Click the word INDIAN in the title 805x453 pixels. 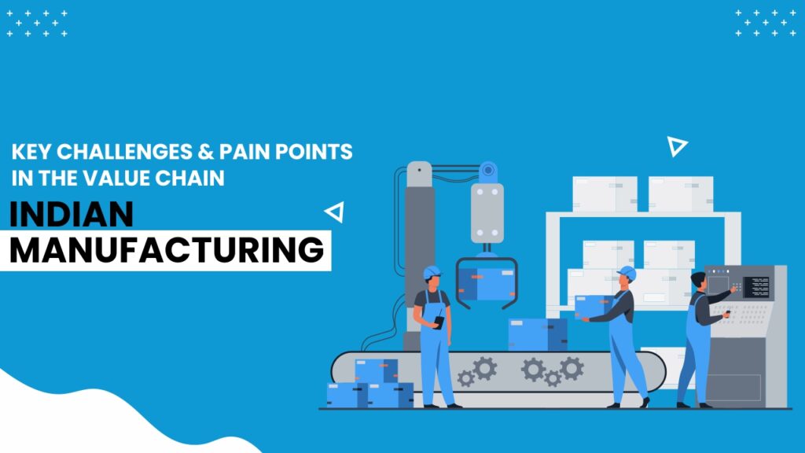72,214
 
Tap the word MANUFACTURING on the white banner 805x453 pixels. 167,250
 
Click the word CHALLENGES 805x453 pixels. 124,152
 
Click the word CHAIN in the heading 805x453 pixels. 190,179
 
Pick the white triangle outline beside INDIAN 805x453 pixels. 335,212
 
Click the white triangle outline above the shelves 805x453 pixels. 676,146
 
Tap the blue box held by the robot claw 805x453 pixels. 486,284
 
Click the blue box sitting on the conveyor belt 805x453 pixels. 538,334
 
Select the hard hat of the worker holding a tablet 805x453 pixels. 432,271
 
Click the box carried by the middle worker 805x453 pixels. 593,307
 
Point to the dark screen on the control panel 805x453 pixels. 756,287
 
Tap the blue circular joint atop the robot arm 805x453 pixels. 487,171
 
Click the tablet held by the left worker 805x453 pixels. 439,322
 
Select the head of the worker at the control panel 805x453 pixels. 698,281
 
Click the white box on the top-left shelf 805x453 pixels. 605,193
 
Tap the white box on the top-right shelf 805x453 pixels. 681,193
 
